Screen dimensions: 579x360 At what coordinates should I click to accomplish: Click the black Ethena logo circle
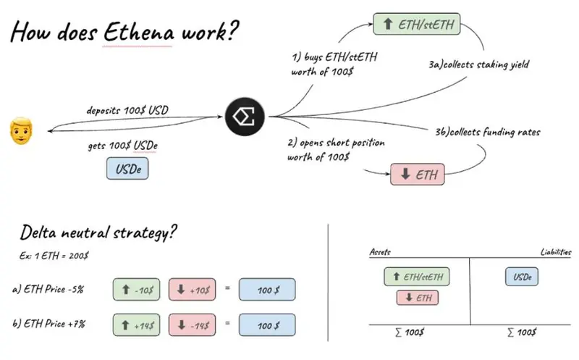coord(245,117)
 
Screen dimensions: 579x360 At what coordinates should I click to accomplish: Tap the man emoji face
coord(21,131)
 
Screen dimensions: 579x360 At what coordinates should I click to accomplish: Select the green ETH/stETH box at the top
coord(417,24)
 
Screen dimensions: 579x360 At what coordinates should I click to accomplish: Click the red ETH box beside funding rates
coord(418,174)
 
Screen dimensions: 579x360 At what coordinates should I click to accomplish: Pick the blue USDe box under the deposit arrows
coord(127,169)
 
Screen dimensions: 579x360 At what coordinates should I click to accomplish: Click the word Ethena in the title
coord(138,32)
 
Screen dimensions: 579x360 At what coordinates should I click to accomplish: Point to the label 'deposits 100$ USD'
coord(127,110)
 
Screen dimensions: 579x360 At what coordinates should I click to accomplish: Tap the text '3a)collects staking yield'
coord(478,64)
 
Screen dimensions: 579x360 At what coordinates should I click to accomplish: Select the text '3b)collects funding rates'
coord(487,132)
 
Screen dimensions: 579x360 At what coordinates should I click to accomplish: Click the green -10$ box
coord(136,290)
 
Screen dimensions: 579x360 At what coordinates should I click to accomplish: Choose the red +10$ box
coord(192,290)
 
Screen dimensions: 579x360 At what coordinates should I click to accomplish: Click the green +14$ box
coord(136,325)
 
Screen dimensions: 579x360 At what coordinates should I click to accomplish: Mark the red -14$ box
coord(192,325)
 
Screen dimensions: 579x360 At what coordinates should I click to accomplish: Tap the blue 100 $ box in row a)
coord(267,290)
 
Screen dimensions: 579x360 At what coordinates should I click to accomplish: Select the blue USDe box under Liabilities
coord(522,277)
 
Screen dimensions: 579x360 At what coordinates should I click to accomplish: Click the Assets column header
coord(380,252)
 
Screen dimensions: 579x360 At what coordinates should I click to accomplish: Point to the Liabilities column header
coord(556,252)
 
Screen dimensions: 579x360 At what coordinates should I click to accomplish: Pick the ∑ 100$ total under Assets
coord(410,332)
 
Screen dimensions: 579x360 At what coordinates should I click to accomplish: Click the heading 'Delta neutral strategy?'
coord(98,233)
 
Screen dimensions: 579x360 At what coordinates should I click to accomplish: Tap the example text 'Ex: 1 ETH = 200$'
coord(54,256)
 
